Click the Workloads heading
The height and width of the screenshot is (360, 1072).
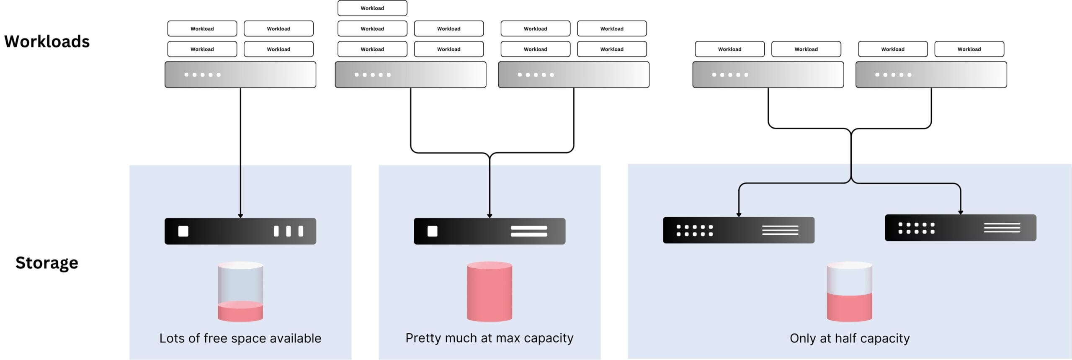(x=47, y=41)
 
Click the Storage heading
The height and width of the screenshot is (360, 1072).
(x=47, y=263)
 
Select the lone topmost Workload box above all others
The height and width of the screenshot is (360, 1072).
(x=372, y=8)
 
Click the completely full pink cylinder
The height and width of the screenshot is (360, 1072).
(x=489, y=292)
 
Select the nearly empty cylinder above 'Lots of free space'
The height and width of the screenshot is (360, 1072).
(x=240, y=292)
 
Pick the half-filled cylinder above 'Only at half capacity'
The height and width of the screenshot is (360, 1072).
(x=849, y=292)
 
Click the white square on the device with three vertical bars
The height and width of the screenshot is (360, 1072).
(x=183, y=231)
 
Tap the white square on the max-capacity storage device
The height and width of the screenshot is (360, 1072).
(x=432, y=231)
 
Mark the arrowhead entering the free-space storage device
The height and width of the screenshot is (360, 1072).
(x=240, y=216)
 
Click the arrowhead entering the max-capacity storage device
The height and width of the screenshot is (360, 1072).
(x=489, y=216)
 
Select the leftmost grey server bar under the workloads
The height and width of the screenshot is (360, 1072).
(x=240, y=75)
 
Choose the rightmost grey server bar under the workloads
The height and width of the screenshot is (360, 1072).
(x=931, y=75)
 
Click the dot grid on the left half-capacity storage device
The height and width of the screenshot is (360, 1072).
(x=694, y=230)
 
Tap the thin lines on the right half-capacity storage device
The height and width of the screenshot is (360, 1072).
(x=1002, y=228)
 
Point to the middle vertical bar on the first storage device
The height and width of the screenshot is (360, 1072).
(x=288, y=231)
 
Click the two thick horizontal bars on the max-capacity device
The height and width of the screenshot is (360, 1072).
(x=528, y=231)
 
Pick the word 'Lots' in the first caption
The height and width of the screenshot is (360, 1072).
(x=172, y=338)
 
